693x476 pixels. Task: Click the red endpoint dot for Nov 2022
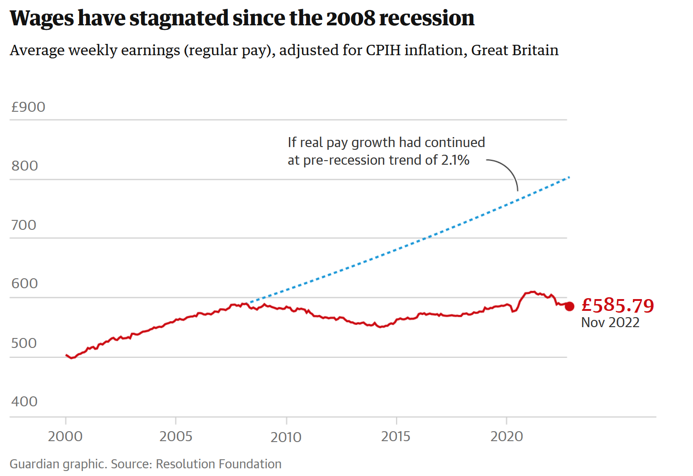point(570,306)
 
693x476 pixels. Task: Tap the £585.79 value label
point(618,305)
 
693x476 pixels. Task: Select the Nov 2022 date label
point(610,323)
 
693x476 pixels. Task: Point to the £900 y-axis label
point(28,107)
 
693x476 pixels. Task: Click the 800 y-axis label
point(25,166)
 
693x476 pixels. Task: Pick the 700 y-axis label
point(24,225)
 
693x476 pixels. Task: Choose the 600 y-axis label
point(25,284)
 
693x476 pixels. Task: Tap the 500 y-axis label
point(24,343)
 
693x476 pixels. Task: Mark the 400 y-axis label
point(24,402)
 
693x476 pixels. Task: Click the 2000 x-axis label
point(66,437)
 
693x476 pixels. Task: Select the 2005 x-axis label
point(176,437)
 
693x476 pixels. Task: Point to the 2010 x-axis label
point(286,437)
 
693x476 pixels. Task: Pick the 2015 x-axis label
point(396,437)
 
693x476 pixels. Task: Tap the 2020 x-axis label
point(507,437)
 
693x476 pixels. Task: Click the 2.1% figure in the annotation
point(455,160)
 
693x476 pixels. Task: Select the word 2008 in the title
point(350,19)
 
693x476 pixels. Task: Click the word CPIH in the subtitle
point(383,50)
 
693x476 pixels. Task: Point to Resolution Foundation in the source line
point(219,464)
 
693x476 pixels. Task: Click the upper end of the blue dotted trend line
point(568,177)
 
